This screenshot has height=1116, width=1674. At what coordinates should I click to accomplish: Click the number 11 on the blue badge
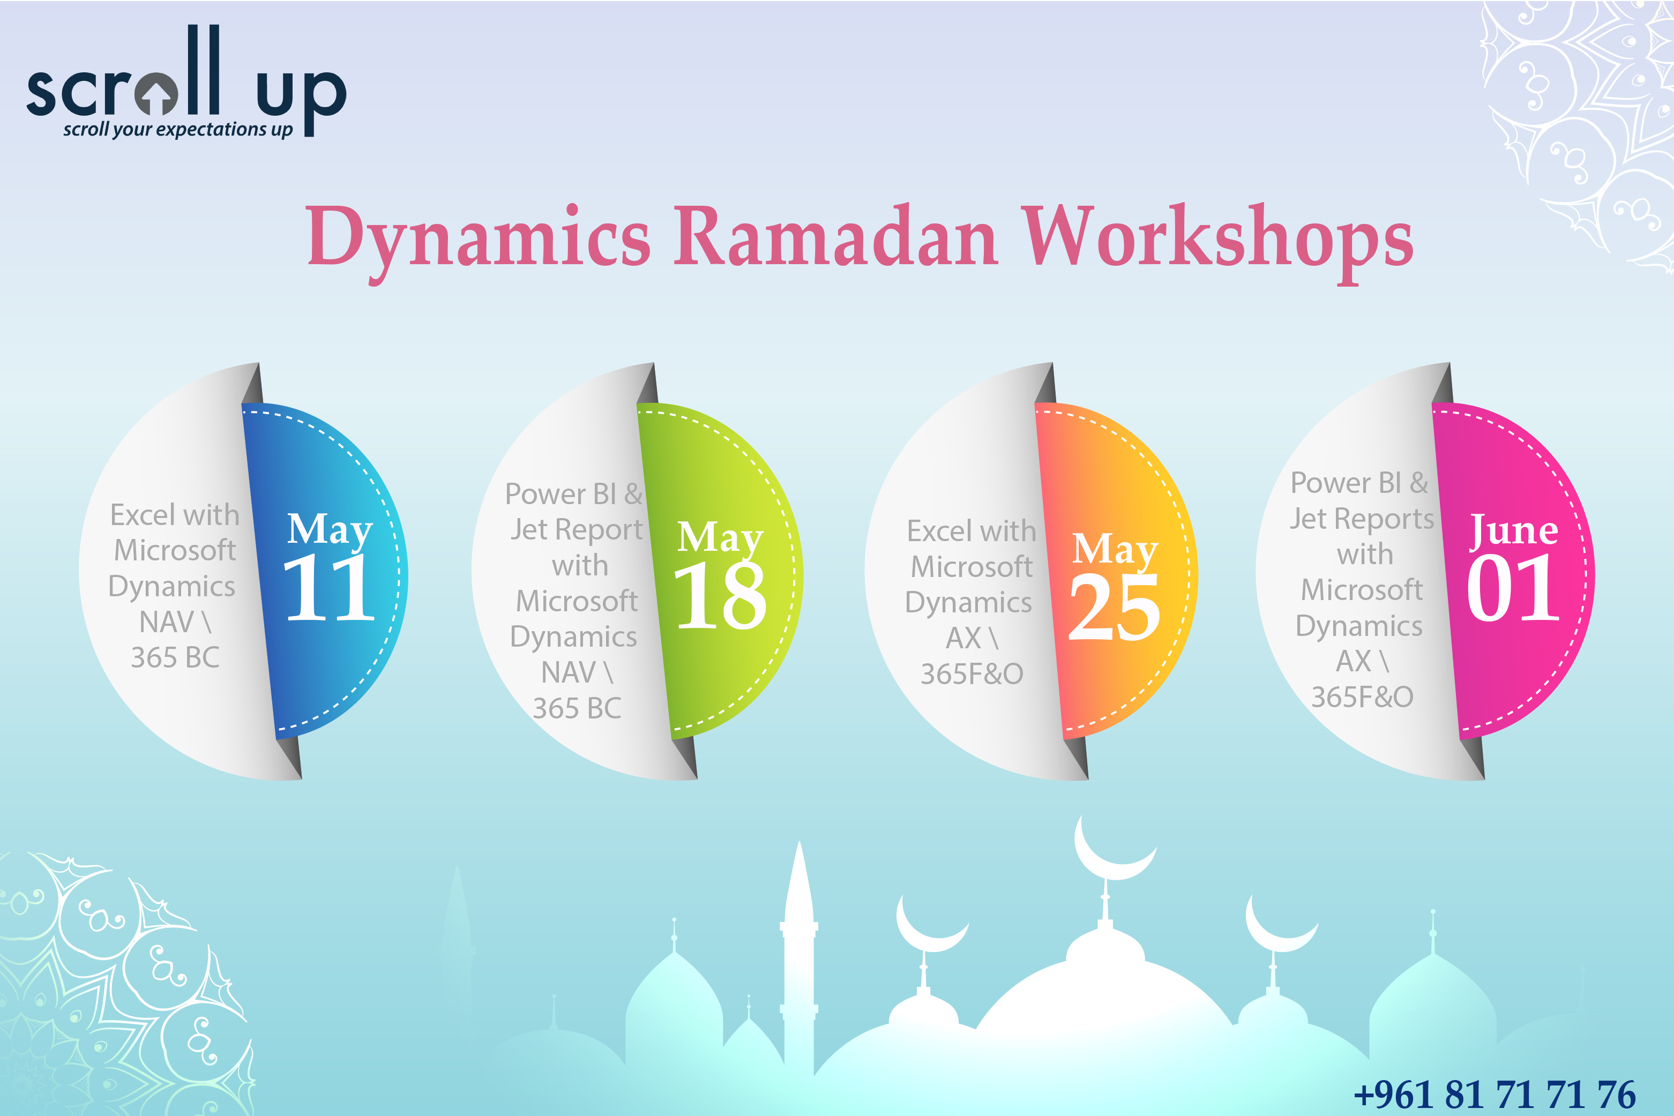pyautogui.click(x=329, y=587)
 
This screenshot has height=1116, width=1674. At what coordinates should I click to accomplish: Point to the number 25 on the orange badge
pyautogui.click(x=1115, y=607)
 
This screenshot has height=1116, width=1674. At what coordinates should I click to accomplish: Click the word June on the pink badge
pyautogui.click(x=1514, y=530)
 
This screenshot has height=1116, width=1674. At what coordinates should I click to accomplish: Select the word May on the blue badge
pyautogui.click(x=330, y=529)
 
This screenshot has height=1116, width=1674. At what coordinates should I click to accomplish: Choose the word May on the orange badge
pyautogui.click(x=1115, y=550)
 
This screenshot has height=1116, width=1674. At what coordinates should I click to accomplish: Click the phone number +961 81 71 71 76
pyautogui.click(x=1494, y=1095)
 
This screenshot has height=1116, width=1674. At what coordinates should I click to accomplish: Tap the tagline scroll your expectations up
pyautogui.click(x=178, y=130)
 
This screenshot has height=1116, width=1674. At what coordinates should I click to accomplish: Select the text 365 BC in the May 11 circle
pyautogui.click(x=175, y=657)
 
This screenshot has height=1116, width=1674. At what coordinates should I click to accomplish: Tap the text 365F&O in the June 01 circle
pyautogui.click(x=1362, y=697)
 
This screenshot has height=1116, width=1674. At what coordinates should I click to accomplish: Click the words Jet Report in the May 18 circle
pyautogui.click(x=577, y=529)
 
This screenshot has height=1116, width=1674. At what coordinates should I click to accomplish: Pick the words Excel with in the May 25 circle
pyautogui.click(x=971, y=531)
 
